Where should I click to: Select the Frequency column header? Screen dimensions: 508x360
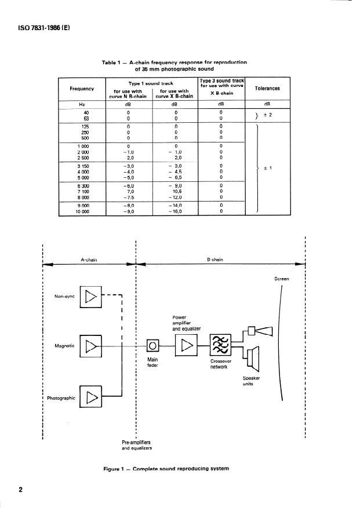pos(82,89)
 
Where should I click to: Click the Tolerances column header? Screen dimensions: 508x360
pos(267,89)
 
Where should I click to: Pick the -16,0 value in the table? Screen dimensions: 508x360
pos(174,211)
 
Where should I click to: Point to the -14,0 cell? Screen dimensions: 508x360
pos(174,205)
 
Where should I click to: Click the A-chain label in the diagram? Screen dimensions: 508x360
pos(88,260)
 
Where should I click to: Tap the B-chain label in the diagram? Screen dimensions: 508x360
pos(215,260)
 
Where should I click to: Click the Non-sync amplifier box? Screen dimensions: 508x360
pos(90,297)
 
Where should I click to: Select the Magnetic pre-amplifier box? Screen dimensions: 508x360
pos(90,346)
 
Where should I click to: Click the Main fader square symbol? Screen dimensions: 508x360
pos(152,346)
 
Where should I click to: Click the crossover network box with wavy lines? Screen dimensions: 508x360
pos(221,346)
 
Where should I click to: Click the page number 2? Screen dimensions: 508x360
pos(20,490)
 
